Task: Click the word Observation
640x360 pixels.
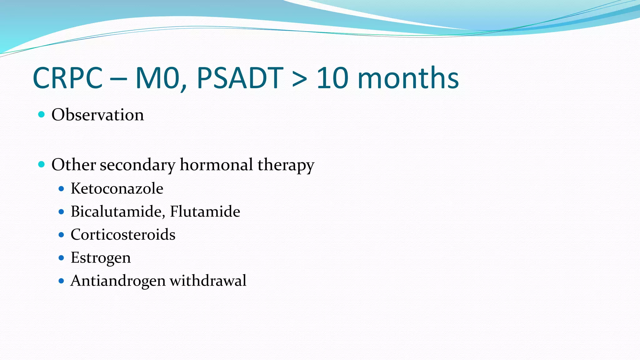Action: click(97, 115)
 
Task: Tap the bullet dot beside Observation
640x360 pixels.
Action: click(41, 114)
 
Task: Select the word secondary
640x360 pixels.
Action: click(137, 165)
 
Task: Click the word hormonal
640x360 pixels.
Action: click(216, 165)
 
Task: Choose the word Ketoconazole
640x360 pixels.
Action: click(117, 188)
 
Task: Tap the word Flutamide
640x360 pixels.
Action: click(205, 212)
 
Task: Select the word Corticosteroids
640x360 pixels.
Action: click(123, 235)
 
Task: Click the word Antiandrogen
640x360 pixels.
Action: click(118, 281)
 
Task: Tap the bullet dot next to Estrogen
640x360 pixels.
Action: click(61, 258)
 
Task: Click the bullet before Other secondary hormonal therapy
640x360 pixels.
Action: click(41, 164)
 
